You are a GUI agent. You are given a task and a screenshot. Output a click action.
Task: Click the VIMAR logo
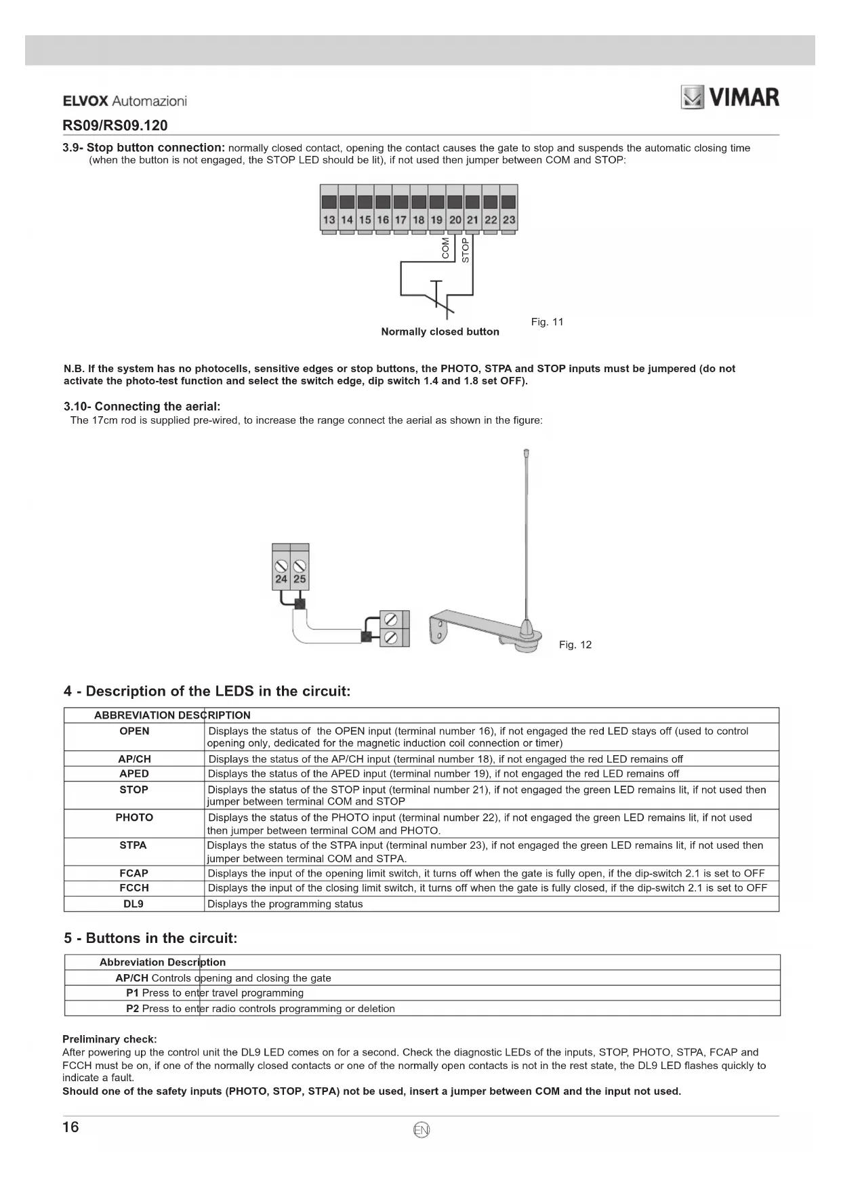pos(730,98)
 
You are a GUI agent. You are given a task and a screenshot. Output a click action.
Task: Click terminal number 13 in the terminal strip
pos(329,219)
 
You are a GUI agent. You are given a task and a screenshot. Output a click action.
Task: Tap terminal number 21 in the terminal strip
pos(472,219)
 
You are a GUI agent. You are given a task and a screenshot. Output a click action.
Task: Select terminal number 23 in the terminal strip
pos(509,219)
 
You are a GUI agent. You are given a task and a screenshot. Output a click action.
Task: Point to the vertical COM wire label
pos(445,248)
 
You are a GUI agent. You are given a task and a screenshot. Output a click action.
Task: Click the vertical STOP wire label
pos(465,250)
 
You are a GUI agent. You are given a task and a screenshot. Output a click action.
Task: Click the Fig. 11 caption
pos(547,322)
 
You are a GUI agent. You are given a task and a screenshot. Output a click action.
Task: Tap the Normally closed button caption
pos(440,331)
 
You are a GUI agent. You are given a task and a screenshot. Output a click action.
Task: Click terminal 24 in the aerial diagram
pos(281,579)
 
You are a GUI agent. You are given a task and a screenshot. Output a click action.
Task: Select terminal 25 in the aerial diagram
pos(300,579)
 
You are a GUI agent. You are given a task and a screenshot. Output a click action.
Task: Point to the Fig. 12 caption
pos(575,645)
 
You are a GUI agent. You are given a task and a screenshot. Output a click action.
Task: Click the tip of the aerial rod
pos(527,452)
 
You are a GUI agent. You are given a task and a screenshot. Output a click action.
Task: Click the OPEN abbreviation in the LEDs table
pos(134,731)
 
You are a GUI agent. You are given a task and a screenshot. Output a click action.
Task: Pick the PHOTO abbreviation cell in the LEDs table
pos(134,818)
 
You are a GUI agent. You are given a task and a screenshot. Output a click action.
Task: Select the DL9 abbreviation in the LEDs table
pos(134,904)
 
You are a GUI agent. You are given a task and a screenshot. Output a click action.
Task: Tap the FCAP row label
pos(134,874)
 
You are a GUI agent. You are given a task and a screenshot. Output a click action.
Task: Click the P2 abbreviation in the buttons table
pos(132,1009)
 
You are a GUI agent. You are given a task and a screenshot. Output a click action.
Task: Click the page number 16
pos(70,1127)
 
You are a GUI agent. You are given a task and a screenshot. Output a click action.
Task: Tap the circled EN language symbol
pos(421,1130)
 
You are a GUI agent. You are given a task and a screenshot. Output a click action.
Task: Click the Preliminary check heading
pos(109,1039)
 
